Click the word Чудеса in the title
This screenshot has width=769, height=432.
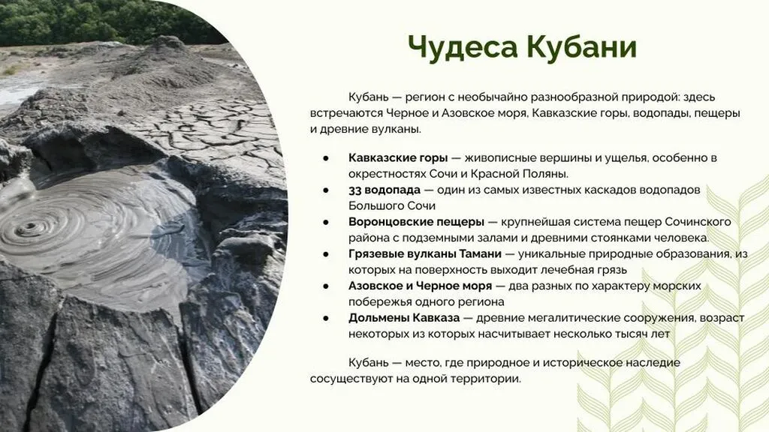coord(463,47)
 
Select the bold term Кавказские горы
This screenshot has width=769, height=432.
coord(398,157)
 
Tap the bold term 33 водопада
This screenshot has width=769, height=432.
coord(384,190)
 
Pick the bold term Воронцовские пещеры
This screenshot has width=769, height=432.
coord(416,222)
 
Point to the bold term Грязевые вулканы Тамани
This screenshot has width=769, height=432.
coord(425,253)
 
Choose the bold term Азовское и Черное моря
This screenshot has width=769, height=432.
coord(420,286)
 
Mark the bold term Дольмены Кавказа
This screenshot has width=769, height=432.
coord(404,318)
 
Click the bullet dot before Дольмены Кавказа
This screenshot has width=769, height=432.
coord(326,318)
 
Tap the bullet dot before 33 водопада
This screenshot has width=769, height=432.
coord(326,190)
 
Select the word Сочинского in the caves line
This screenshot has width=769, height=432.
coord(698,222)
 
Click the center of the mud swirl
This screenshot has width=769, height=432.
coord(28,226)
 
